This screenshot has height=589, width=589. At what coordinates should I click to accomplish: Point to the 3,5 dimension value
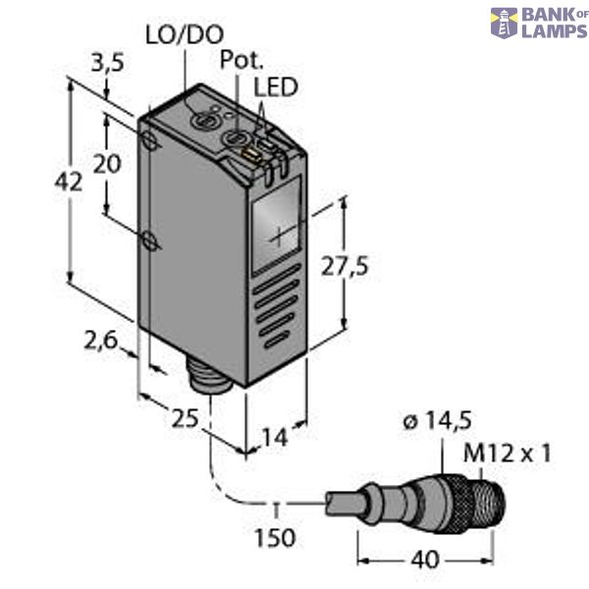[106, 67]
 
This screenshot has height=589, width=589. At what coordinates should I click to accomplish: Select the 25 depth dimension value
[184, 419]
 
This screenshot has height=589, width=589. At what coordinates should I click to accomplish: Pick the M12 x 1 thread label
[508, 453]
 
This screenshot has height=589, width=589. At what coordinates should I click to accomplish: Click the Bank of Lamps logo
[538, 23]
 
